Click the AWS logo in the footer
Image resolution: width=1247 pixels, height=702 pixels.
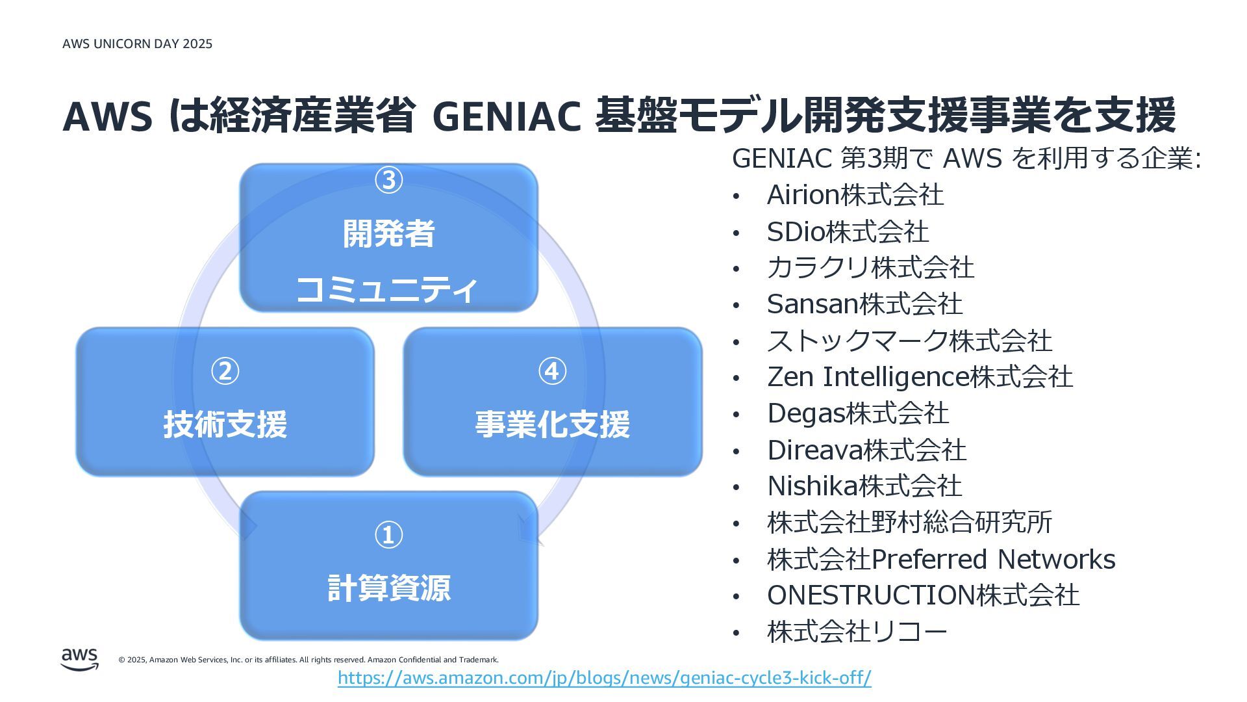pos(80,658)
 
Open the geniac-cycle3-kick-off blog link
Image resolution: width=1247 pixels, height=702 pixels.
pos(604,678)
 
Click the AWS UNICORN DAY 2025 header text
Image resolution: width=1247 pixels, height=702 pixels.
pos(137,44)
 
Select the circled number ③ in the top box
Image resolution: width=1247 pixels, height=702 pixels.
pos(388,180)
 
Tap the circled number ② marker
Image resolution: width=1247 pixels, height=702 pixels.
pos(225,371)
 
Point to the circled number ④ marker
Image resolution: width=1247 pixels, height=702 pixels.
pos(552,371)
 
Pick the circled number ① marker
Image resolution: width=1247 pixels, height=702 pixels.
pos(388,535)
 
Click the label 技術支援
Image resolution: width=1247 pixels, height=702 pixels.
pos(225,424)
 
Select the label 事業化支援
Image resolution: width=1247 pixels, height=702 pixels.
pos(552,424)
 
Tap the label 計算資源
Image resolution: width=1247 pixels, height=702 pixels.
pos(388,588)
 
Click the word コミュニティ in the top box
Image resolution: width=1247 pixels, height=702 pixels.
pos(387,289)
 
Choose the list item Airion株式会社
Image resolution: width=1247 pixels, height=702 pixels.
pos(855,195)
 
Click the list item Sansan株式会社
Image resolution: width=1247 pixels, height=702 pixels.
pos(864,304)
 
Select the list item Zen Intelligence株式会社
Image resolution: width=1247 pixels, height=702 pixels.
pos(920,377)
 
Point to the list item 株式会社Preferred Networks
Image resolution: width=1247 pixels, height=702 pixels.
pos(941,560)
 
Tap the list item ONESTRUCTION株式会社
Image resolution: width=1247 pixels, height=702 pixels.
pos(923,595)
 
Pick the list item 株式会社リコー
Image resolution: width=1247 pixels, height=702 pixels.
pos(857,632)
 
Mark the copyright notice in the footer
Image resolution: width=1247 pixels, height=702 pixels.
pos(309,660)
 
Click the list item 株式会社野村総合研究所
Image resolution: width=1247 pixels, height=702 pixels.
pos(909,523)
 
